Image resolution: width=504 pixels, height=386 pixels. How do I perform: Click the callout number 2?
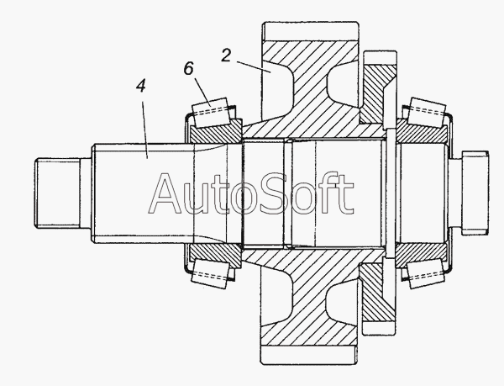coord(226,56)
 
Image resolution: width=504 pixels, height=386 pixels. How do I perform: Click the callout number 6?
coord(189,68)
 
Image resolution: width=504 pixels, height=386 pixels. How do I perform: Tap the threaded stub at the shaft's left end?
coord(57,193)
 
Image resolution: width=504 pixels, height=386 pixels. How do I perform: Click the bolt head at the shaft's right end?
coord(475,193)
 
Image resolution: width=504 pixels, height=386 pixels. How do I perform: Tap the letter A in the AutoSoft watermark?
coord(168,193)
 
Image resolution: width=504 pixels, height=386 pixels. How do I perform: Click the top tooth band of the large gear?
coord(310,31)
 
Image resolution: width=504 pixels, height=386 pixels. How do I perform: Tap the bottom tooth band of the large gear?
coord(309,355)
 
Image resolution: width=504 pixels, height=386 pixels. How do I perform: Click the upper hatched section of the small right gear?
coord(376,93)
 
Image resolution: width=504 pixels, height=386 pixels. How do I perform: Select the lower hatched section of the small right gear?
coord(376,293)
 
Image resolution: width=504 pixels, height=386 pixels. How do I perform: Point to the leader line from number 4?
coord(144,130)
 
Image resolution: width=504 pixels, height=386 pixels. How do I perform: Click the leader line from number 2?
coord(254,67)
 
